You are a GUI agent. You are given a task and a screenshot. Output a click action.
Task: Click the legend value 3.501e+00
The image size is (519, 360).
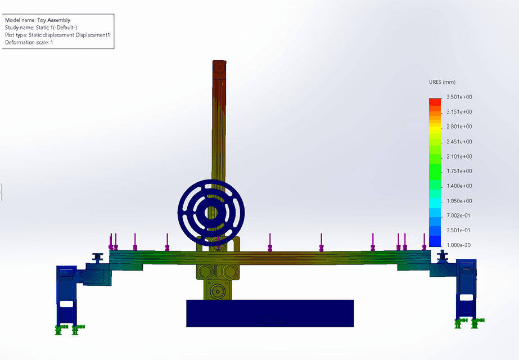459,97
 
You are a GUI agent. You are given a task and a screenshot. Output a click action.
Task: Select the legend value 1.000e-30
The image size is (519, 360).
458,245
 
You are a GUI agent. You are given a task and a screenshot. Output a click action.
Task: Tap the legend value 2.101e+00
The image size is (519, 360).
459,156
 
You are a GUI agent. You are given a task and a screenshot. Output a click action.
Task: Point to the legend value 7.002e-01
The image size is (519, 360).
458,215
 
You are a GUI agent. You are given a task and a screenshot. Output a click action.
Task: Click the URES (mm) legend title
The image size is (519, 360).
442,82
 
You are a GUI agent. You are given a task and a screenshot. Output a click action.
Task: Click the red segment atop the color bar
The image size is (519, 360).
435,102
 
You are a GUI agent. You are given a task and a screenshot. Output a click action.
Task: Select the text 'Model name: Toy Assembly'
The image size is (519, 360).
38,20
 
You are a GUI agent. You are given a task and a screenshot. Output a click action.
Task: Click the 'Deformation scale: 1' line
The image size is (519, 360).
29,42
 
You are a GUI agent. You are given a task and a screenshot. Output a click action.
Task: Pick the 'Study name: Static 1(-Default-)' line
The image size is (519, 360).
41,28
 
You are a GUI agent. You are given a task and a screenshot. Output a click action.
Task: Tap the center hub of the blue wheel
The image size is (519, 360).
211,213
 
